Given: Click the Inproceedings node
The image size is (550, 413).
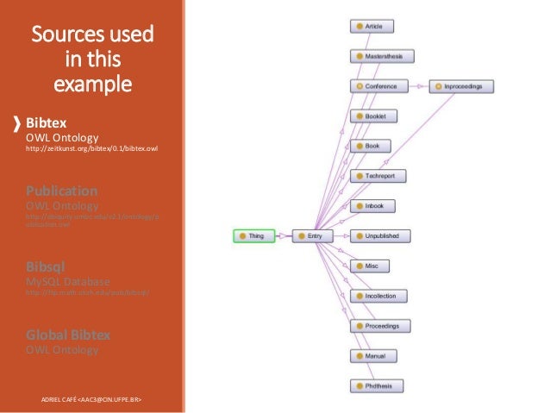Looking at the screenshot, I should coord(464,86).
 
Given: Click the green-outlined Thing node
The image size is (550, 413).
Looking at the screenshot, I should coord(253,235).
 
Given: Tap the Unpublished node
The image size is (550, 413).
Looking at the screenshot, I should coord(380,235).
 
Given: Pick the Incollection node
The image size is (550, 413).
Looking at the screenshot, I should coord(378,296).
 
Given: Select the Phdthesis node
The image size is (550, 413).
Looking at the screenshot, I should coord(377,385).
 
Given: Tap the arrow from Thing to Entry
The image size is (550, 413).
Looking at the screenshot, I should coord(284,235).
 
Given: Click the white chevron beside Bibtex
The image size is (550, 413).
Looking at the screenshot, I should coord(17,123).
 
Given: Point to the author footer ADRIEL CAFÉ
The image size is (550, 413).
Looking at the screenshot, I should coord(91,400).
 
